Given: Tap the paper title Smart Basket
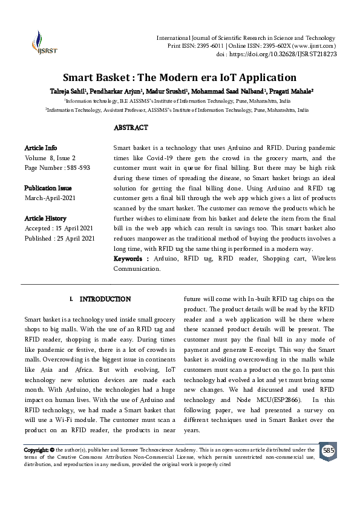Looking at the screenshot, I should pos(180,77).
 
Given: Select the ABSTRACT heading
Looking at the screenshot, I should pos(131,128).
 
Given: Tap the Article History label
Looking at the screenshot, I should pos(45,218).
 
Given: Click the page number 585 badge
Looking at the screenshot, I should pos(328,452).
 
